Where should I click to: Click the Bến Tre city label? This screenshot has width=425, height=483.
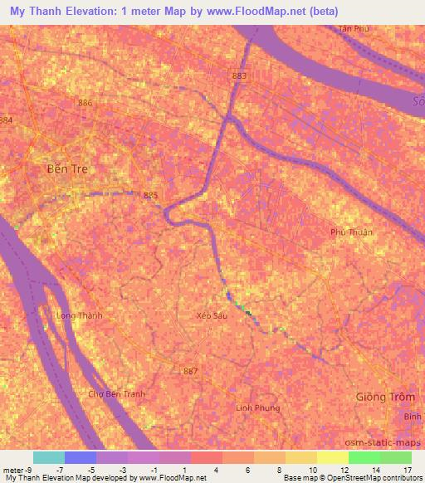(x=71, y=168)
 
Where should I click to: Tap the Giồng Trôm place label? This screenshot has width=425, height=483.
(x=383, y=397)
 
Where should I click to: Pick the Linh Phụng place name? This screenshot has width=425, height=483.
(x=257, y=407)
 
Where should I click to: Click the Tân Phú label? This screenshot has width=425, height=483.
(x=352, y=28)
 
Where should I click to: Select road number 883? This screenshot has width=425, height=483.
(x=240, y=76)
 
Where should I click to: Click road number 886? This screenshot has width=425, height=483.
(x=84, y=102)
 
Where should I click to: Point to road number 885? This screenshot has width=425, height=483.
(x=150, y=195)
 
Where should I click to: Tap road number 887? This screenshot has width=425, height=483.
(x=190, y=370)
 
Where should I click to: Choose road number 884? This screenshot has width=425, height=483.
(x=7, y=120)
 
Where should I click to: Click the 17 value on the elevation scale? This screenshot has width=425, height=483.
(x=408, y=471)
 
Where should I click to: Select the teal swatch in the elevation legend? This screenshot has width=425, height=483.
(x=48, y=457)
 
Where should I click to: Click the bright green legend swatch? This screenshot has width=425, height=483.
(x=364, y=457)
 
